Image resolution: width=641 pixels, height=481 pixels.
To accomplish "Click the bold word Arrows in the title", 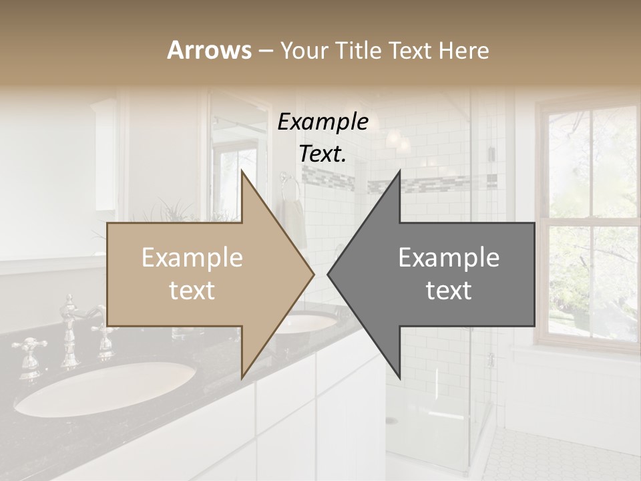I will pos(209,50).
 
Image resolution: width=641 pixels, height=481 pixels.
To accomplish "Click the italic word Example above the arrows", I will pos(323,122).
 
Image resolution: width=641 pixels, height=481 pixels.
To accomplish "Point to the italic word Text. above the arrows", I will pos(323,154).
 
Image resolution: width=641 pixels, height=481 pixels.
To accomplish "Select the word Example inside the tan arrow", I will pos(192,257).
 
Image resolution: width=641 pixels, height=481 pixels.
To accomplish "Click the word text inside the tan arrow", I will pos(192,291).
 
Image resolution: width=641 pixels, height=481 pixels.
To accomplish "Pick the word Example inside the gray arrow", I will pos(449,257).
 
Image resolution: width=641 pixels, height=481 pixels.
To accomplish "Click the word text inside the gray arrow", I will pos(449,291).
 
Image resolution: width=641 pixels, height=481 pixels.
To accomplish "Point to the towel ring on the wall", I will pos(288,187).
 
